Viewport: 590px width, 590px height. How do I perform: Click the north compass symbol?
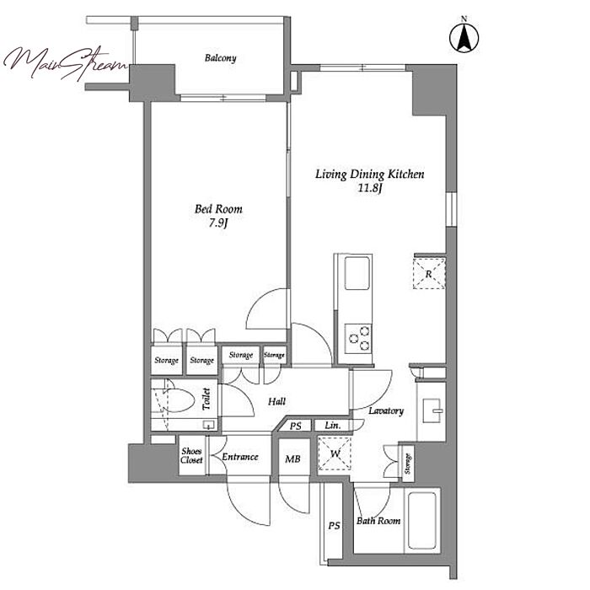pos(464,38)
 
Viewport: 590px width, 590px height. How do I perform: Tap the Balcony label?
pos(221,58)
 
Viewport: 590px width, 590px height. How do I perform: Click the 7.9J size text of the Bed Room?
pos(218,223)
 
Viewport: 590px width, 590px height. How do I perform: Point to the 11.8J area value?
pos(369,188)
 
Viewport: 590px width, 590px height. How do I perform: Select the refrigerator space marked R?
pos(429,274)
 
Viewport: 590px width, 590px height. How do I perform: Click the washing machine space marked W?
pos(335,453)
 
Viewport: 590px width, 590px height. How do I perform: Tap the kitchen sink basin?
pos(357,274)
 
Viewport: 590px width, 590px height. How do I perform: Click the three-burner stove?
pos(358,338)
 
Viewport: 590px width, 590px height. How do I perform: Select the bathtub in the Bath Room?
pos(421,520)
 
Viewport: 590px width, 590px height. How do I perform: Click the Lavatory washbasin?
pos(433,410)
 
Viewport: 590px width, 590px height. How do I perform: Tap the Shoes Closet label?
pos(191,455)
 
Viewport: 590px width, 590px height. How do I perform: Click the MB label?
pos(292,459)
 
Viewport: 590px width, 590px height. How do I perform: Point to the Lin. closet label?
pos(333,426)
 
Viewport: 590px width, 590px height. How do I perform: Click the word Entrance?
pos(240,457)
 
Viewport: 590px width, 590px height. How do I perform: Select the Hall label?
pos(277,401)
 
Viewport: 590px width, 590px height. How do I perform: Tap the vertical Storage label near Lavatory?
pos(408,464)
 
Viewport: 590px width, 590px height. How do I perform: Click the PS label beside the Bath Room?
pos(334,526)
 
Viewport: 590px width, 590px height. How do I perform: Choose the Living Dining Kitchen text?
pos(369,174)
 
